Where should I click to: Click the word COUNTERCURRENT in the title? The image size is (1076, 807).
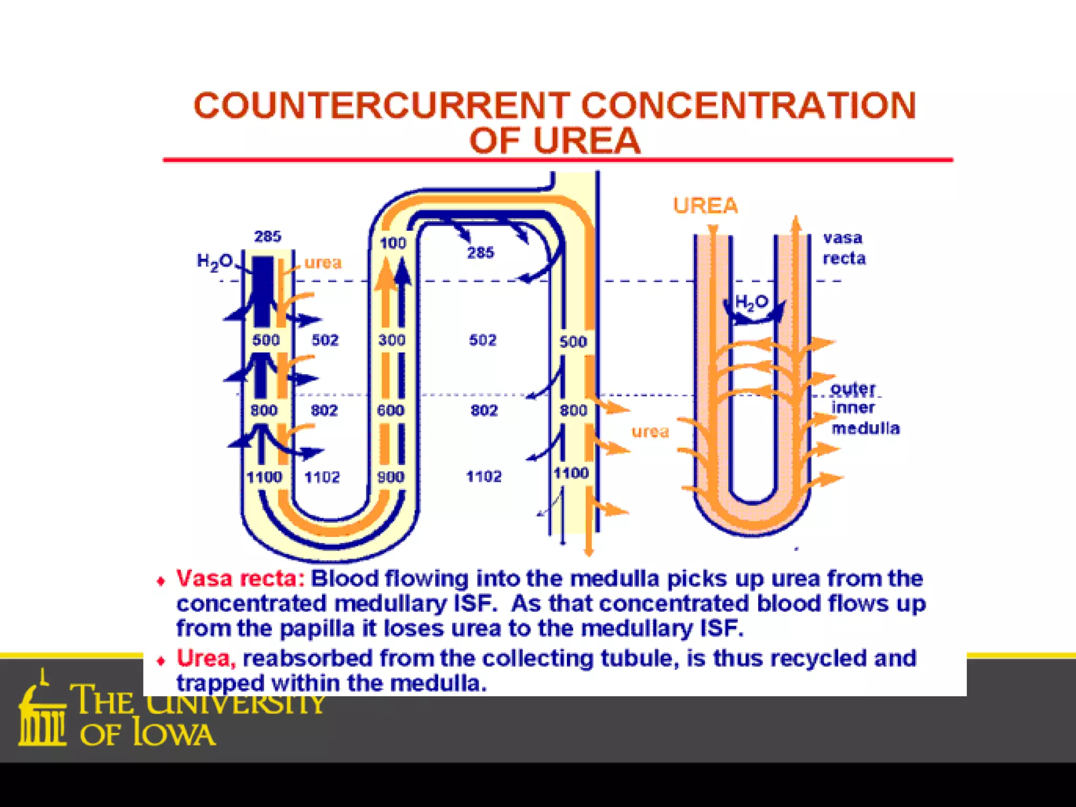(382, 106)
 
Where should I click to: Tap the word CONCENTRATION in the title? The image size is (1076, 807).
(749, 106)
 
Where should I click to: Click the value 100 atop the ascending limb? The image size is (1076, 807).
(393, 243)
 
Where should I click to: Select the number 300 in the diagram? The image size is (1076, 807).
(391, 340)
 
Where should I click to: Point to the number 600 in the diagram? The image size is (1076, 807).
(390, 410)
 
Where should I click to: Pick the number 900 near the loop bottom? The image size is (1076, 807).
(391, 477)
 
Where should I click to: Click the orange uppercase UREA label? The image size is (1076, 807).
(706, 205)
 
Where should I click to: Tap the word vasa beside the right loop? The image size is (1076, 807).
(843, 238)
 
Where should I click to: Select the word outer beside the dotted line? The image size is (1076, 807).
(853, 389)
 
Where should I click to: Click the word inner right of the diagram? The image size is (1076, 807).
(853, 408)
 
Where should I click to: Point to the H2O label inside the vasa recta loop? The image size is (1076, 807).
(751, 302)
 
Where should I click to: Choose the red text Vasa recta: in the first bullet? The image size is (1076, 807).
(240, 578)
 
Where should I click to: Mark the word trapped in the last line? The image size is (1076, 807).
(220, 684)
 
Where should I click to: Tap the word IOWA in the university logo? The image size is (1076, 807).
(173, 734)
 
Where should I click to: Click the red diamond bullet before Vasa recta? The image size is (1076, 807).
(161, 581)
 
